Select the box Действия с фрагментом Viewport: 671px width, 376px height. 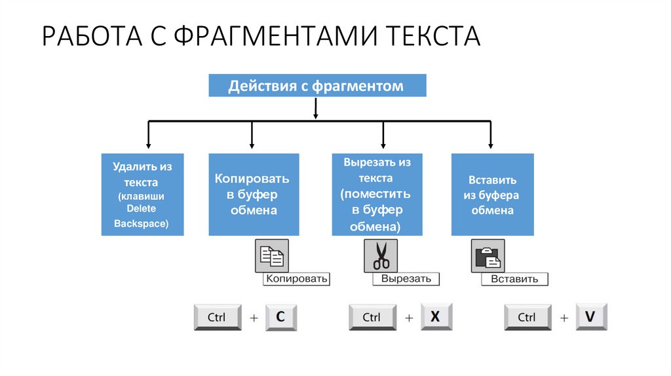(x=317, y=86)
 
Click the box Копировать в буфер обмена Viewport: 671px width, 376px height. (x=254, y=195)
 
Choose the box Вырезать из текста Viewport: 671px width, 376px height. (x=376, y=195)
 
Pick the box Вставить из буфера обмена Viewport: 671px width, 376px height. (x=492, y=195)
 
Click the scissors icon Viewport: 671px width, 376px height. (x=381, y=256)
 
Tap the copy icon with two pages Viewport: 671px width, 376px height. (x=271, y=256)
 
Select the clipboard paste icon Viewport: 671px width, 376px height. (x=488, y=256)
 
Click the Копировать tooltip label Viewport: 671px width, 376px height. (x=296, y=279)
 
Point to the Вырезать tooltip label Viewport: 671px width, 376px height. (x=406, y=279)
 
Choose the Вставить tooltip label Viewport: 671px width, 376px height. (x=514, y=279)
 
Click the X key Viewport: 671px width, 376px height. (x=436, y=317)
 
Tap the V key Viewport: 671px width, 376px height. (x=591, y=317)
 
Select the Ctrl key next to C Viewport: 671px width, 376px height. (x=218, y=318)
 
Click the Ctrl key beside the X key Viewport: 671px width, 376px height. (x=372, y=318)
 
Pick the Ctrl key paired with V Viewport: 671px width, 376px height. (x=527, y=318)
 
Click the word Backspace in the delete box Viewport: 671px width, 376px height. (x=142, y=224)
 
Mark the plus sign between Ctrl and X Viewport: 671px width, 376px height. (x=409, y=318)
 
